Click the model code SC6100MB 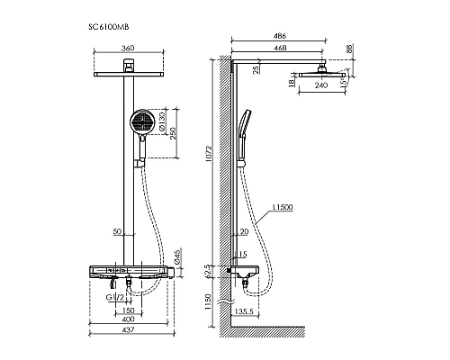(x=109, y=27)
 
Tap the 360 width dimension (x=128, y=48)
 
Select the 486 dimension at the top (x=280, y=36)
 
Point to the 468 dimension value (x=280, y=48)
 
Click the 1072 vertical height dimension (x=209, y=153)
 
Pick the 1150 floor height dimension (x=209, y=301)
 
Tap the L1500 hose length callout (x=283, y=207)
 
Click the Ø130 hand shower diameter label (x=162, y=121)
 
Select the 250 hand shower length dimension (x=173, y=133)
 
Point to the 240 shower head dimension (x=321, y=85)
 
